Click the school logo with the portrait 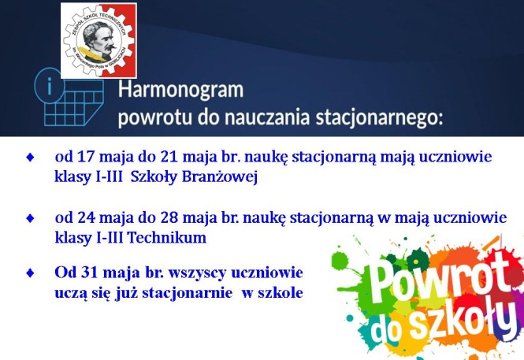[x=99, y=39]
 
